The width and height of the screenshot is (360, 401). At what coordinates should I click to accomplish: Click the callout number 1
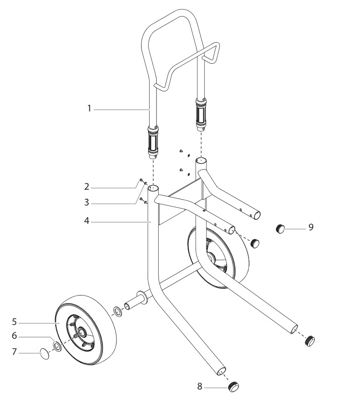click(89, 108)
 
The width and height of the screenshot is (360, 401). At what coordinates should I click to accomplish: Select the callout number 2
click(87, 186)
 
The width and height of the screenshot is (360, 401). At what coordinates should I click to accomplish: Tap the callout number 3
click(87, 202)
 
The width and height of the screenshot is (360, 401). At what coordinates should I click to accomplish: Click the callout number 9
click(311, 227)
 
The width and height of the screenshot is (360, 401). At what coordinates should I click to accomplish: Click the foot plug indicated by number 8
click(233, 387)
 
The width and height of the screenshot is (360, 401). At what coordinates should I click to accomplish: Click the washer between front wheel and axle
click(117, 312)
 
